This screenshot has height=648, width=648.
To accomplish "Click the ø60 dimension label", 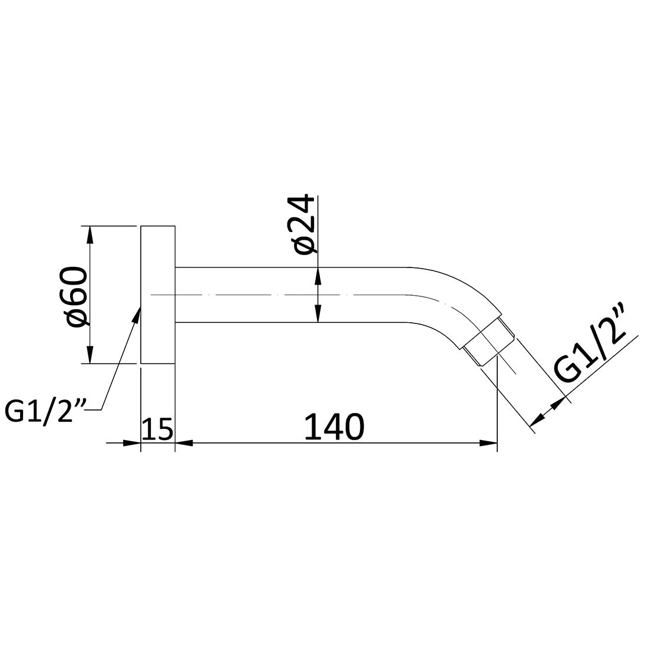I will [x=76, y=295].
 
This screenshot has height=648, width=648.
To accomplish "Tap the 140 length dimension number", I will [x=333, y=428].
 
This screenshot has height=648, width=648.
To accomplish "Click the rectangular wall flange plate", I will [x=158, y=295].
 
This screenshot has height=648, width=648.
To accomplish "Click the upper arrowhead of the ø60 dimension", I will [x=90, y=233].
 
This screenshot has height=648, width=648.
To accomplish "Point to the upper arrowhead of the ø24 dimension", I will [x=318, y=275].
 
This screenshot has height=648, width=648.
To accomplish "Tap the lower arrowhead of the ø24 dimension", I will [x=318, y=314].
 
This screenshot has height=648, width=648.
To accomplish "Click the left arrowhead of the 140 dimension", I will [x=184, y=443].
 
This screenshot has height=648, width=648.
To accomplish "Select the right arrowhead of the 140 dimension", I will [x=489, y=443].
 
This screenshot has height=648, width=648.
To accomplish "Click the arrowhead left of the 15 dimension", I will [x=133, y=443].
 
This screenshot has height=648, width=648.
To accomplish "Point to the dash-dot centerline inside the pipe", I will [x=236, y=294].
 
